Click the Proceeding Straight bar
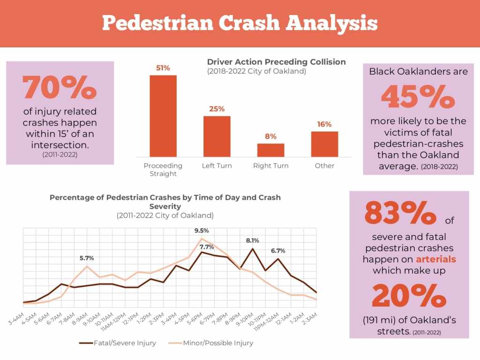point(163,116)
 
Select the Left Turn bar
point(217,136)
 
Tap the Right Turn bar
point(270,150)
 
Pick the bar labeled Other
point(324,144)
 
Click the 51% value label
point(163,68)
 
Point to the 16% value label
point(324,124)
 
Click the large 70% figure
point(60,88)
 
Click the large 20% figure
point(409,296)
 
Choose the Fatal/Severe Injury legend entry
point(118,343)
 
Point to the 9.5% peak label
point(202,231)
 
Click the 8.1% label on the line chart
point(252,240)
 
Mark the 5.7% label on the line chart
point(87,258)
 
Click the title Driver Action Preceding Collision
point(276,62)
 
